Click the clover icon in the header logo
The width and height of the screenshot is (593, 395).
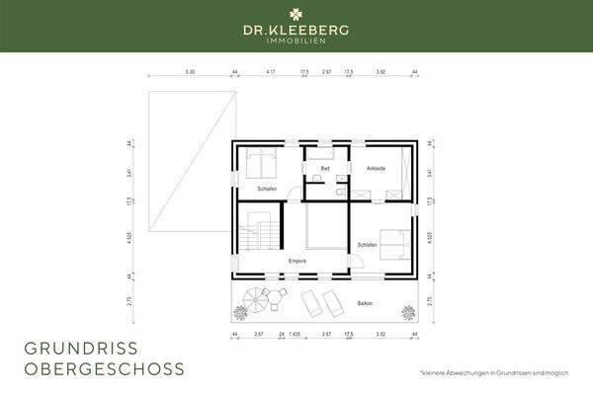[296, 15]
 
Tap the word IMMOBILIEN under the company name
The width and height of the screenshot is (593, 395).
[296, 41]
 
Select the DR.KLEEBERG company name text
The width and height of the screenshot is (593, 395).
[296, 31]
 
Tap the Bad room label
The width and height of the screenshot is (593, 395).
[324, 169]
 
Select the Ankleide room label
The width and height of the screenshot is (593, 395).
[376, 169]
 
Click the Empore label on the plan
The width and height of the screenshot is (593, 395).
[296, 260]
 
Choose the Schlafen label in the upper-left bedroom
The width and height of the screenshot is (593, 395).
[267, 188]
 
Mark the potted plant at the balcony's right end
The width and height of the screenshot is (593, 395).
[405, 313]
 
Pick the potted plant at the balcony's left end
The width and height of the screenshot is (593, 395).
[239, 313]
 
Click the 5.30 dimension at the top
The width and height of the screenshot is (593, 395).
[190, 72]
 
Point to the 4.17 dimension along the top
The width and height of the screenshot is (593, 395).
[270, 72]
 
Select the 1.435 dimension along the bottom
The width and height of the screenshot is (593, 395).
[296, 334]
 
